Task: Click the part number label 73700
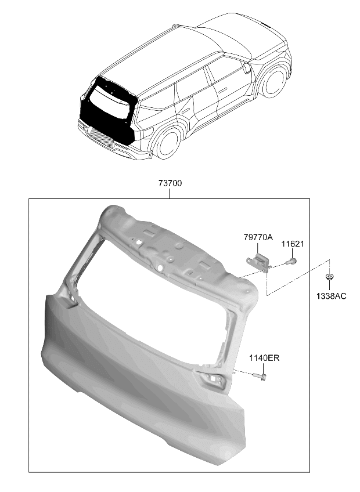pyautogui.click(x=170, y=183)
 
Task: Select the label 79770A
pyautogui.click(x=258, y=237)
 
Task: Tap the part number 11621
pyautogui.click(x=293, y=244)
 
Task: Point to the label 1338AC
pyautogui.click(x=331, y=296)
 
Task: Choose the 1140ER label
pyautogui.click(x=264, y=357)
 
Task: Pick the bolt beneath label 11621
pyautogui.click(x=291, y=261)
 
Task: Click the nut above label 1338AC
pyautogui.click(x=329, y=277)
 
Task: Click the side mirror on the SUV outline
pyautogui.click(x=247, y=68)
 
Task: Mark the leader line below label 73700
pyautogui.click(x=170, y=193)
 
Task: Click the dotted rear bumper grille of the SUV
pyautogui.click(x=101, y=138)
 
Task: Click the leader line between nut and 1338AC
pyautogui.click(x=329, y=286)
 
